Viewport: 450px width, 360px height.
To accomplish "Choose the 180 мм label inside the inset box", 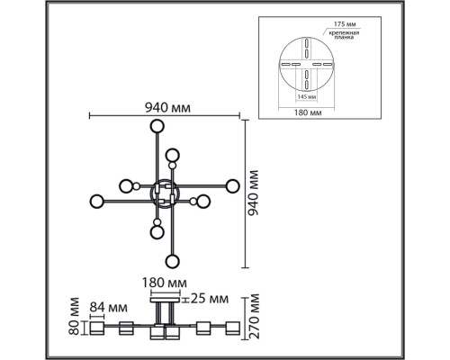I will coord(309,112).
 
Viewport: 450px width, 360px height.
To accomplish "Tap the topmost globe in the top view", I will coord(157,126).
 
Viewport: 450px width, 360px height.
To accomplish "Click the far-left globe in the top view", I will coord(96,199).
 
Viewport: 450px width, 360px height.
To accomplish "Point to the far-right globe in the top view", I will coord(233,186).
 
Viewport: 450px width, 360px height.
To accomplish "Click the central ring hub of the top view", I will coord(166,193).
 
